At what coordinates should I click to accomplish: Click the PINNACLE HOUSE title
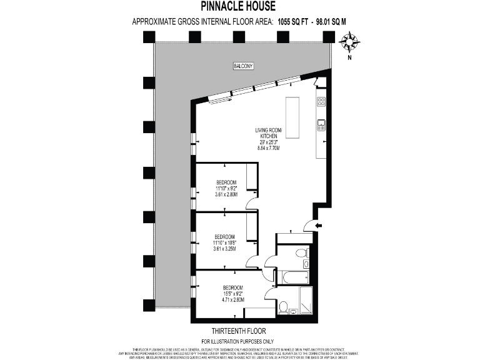pyautogui.click(x=240, y=7)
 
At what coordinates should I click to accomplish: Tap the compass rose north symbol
pyautogui.click(x=349, y=42)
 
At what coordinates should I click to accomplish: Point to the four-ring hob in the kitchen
pyautogui.click(x=321, y=101)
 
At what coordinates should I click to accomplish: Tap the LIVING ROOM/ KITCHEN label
pyautogui.click(x=269, y=134)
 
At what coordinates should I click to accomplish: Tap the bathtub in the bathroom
pyautogui.click(x=292, y=276)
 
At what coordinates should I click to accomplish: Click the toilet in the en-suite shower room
pyautogui.click(x=284, y=307)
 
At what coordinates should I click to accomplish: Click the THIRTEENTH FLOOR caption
pyautogui.click(x=239, y=329)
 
